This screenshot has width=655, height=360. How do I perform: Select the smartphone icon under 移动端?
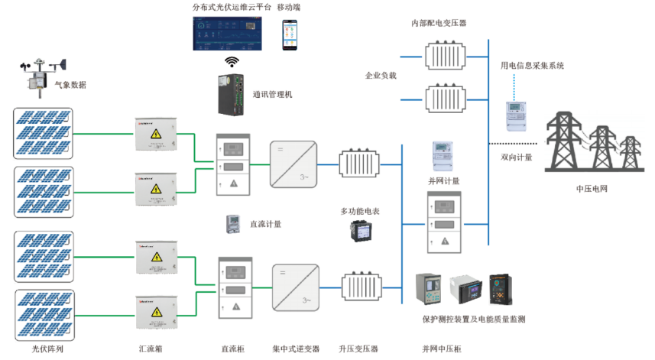pos(290,34)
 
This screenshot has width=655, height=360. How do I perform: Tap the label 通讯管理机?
pos(272,95)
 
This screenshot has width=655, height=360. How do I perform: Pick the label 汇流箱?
pos(151,349)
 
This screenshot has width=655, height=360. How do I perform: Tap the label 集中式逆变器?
pos(296,349)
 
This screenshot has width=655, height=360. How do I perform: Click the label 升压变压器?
pos(358,349)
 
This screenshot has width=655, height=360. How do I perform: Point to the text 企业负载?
pos(381,76)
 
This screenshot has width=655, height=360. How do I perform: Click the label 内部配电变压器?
pos(439,23)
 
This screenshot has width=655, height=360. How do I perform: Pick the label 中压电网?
pos(593,187)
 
